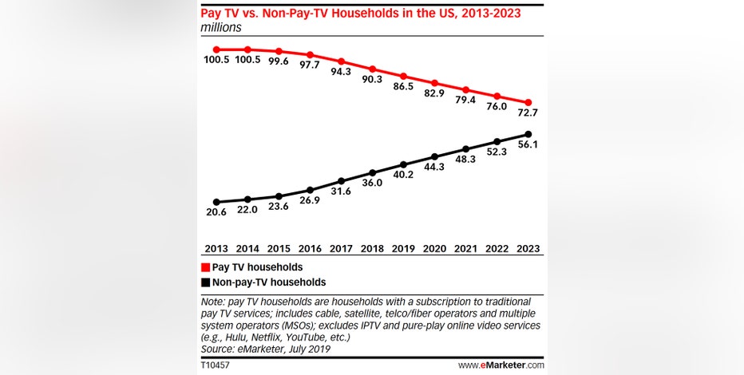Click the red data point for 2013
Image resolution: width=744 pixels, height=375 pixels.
216,49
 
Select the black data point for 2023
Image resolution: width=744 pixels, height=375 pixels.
528,134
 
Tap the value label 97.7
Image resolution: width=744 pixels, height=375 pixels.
310,65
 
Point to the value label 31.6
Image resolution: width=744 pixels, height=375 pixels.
341,191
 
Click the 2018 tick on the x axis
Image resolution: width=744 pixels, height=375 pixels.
372,248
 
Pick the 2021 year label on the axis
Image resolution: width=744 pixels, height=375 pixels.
465,248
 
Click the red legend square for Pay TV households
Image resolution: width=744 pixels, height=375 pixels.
205,267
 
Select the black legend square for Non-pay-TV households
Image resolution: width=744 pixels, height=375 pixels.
205,282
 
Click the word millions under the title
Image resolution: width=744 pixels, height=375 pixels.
220,27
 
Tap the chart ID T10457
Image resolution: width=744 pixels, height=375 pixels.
215,365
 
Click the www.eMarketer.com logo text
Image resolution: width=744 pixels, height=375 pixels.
501,365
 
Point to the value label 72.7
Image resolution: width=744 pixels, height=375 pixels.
528,112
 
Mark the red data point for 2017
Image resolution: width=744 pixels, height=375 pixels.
341,61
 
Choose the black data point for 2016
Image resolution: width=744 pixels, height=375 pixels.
310,190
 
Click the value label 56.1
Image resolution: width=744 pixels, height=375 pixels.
528,145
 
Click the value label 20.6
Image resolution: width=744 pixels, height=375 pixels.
216,212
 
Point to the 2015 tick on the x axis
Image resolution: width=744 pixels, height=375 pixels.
279,248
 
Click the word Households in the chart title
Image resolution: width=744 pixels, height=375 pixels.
366,14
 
